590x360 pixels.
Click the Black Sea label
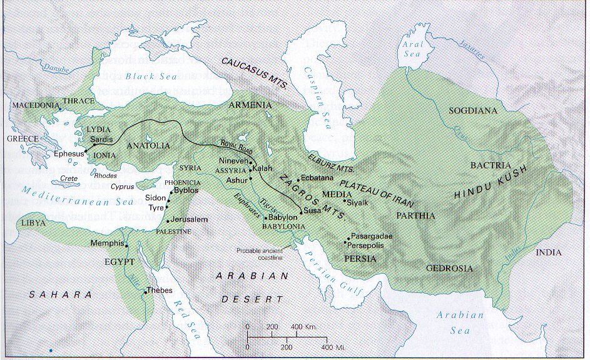pos(151,76)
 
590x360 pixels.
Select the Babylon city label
pos(282,217)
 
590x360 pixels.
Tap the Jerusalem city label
pos(191,220)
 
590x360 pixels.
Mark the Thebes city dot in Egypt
pos(145,292)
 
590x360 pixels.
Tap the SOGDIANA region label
pos(472,111)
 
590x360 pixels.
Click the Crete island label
pos(69,178)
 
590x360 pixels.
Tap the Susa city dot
pos(302,212)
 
